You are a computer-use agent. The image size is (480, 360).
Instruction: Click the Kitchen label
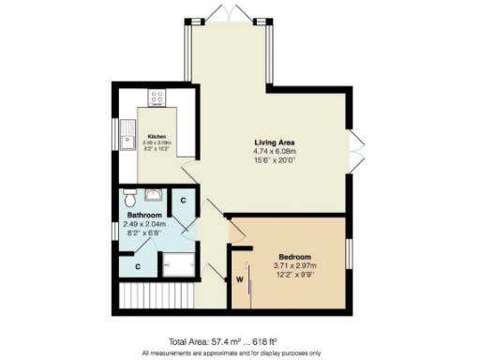156,134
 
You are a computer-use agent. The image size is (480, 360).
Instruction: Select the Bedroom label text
294,257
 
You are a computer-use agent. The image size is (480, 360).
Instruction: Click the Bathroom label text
145,216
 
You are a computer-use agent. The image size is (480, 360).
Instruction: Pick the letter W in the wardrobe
239,278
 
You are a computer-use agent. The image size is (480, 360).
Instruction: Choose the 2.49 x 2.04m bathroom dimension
144,224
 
